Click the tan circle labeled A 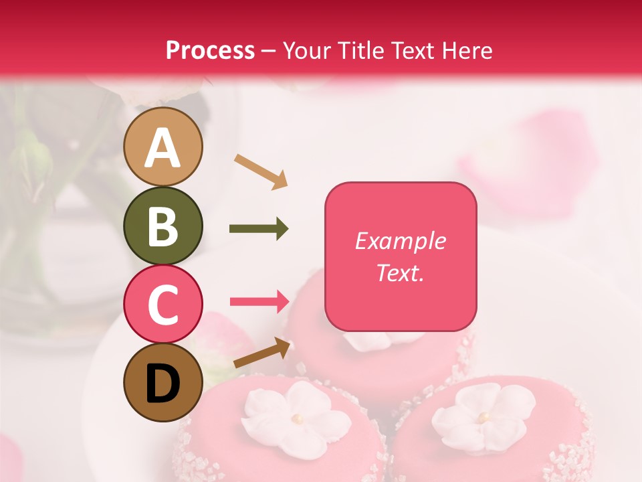click(x=163, y=147)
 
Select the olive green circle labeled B click(x=163, y=226)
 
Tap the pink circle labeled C click(x=163, y=305)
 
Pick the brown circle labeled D click(x=163, y=383)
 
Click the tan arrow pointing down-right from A click(x=261, y=171)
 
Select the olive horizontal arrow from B click(x=259, y=229)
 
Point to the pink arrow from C click(x=259, y=302)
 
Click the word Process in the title click(x=210, y=50)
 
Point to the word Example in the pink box click(x=401, y=241)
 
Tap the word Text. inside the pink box click(x=401, y=272)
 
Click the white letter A click(x=163, y=148)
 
